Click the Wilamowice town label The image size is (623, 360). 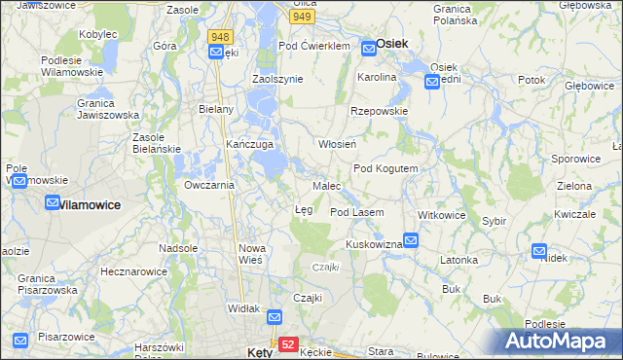[x=90, y=205]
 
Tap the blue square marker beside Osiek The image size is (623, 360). [x=368, y=45]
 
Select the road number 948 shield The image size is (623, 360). [x=219, y=37]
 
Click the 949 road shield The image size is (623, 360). [x=303, y=17]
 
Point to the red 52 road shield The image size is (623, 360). [x=287, y=344]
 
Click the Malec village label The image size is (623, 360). [x=326, y=185]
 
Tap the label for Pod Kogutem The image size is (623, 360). [x=385, y=168]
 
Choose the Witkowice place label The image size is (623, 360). [x=442, y=214]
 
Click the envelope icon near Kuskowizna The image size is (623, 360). [x=411, y=239]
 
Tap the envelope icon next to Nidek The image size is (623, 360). [x=539, y=251]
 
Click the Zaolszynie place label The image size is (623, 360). [x=278, y=79]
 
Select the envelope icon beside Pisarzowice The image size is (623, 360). [x=19, y=341]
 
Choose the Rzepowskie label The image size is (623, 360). [x=379, y=111]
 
